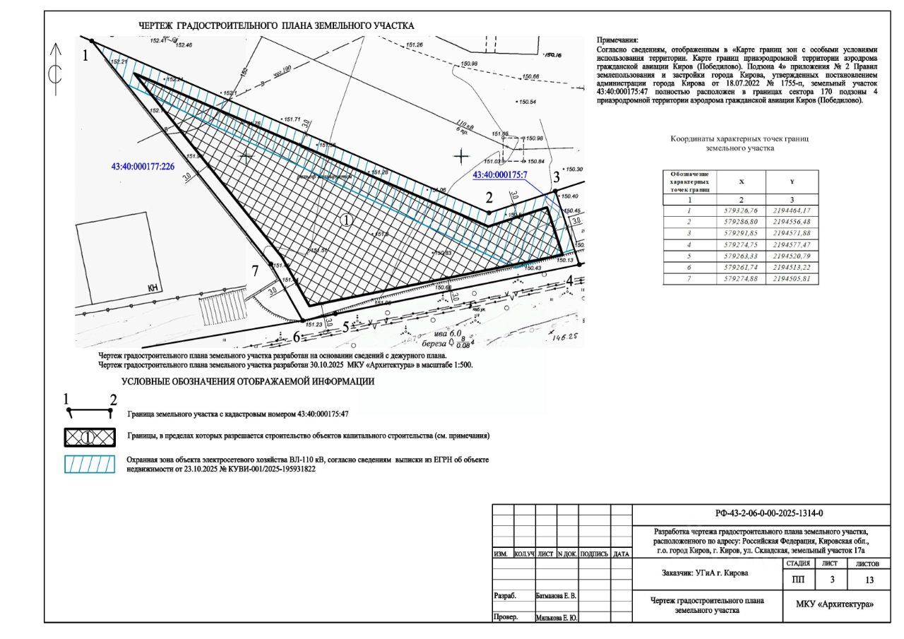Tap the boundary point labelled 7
coord(272,265)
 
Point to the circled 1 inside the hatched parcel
coord(346,220)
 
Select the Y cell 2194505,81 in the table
coord(792,279)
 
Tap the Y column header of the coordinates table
coord(792,181)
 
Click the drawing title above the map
coord(276,25)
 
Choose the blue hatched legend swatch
coord(89,464)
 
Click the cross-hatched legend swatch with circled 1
coord(89,436)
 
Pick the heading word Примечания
coord(617,41)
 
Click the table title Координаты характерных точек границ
coord(739,139)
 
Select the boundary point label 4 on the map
coord(569,281)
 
